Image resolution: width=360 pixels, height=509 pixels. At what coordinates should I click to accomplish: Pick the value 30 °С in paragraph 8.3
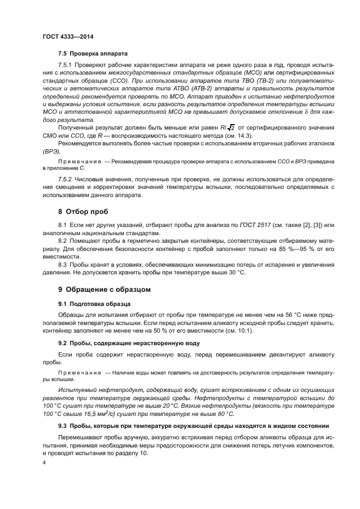(236, 272)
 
